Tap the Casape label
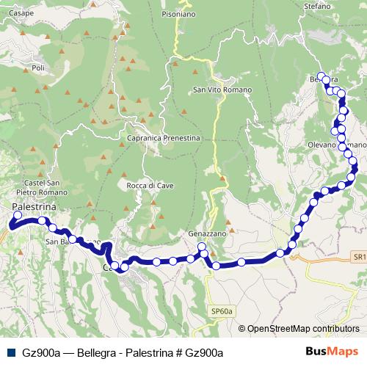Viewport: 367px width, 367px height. (x=22, y=12)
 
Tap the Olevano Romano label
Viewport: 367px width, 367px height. (x=332, y=145)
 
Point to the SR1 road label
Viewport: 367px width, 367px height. (x=358, y=257)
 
